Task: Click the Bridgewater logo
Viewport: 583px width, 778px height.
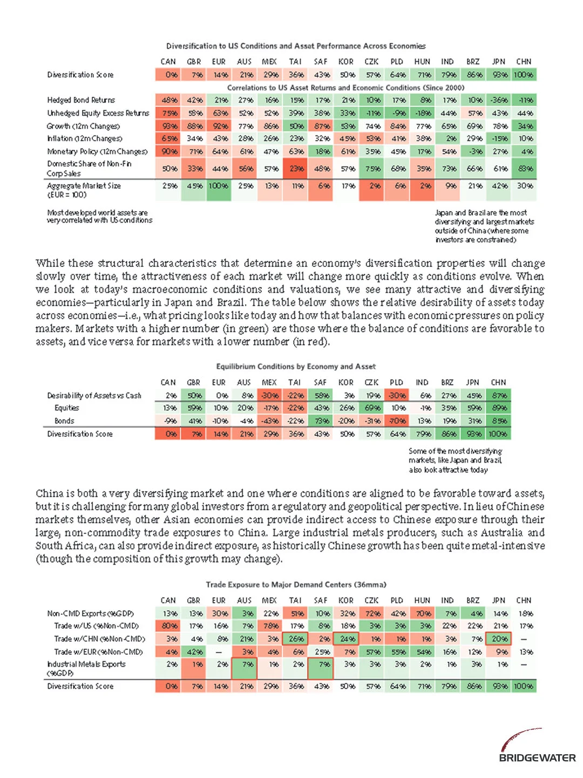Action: [x=537, y=748]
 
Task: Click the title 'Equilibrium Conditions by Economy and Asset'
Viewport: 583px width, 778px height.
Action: [x=295, y=366]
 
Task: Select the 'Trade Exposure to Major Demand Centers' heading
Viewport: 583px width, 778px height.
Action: [x=296, y=585]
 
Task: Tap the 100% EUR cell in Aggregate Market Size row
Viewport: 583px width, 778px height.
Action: [x=219, y=186]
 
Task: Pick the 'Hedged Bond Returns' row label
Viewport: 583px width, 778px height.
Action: [x=81, y=100]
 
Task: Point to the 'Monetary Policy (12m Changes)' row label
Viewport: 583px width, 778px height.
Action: [x=97, y=152]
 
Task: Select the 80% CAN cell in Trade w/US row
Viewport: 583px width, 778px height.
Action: [x=168, y=626]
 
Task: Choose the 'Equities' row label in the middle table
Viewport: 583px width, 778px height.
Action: [x=66, y=408]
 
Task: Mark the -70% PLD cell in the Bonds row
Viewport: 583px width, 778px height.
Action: [x=397, y=421]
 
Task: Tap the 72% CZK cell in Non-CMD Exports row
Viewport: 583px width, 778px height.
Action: [x=372, y=614]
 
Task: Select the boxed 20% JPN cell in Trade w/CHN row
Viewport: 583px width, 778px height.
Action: [x=499, y=639]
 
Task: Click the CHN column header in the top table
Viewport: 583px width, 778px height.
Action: [x=524, y=62]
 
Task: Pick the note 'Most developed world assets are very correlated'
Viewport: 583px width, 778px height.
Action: [x=99, y=216]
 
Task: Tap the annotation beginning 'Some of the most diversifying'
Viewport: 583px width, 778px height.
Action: [x=455, y=460]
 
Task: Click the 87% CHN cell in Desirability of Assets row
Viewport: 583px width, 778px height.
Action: [x=498, y=395]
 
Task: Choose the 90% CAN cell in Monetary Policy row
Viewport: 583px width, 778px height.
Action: [x=168, y=152]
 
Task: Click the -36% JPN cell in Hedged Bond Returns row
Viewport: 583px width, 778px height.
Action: [x=498, y=100]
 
